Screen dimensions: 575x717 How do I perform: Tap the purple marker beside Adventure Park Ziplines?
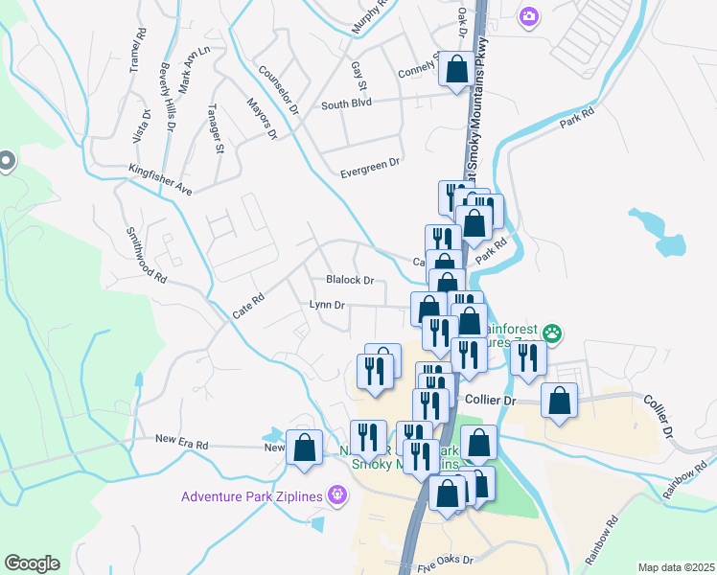tap(336, 495)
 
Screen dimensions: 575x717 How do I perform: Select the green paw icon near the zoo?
tap(552, 334)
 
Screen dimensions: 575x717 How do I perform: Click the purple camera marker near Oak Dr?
tap(528, 16)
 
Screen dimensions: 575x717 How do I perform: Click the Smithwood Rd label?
tap(147, 257)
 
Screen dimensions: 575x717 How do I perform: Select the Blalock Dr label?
tap(349, 280)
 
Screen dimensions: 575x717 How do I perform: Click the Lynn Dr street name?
tap(327, 305)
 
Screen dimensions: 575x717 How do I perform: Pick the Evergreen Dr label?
tap(370, 169)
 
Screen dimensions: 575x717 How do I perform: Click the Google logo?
tap(32, 563)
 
